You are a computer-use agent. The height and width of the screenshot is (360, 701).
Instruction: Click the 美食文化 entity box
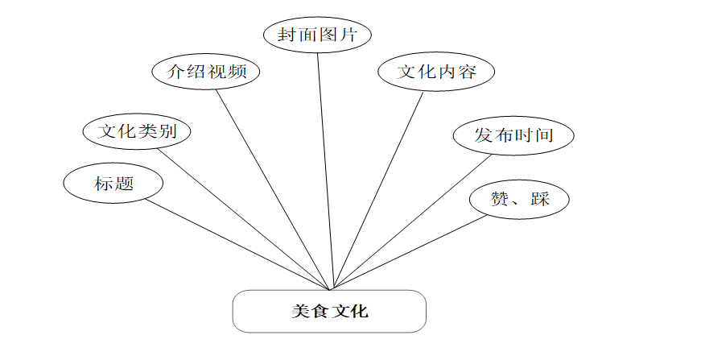pos(329,311)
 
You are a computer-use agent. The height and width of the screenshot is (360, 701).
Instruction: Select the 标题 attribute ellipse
pos(113,184)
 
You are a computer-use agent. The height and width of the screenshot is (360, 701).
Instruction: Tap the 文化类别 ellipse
pos(137,131)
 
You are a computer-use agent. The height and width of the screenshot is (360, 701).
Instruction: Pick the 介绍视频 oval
pos(207,72)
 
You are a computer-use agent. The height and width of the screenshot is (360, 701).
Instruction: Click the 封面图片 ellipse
pos(318,35)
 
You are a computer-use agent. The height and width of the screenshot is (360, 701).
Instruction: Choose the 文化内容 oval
pos(436,72)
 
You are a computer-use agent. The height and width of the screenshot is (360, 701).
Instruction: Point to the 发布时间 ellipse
pos(513,134)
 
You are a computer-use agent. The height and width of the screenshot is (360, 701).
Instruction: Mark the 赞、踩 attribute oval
pos(519,198)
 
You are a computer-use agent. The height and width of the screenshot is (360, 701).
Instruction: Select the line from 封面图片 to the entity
pos(324,169)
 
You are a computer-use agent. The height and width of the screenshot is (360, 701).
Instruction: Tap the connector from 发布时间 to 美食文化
pos(410,221)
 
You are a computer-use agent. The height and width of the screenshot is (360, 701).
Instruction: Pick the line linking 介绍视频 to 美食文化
pos(274,188)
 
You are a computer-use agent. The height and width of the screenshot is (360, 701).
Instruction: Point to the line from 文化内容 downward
pos(377,189)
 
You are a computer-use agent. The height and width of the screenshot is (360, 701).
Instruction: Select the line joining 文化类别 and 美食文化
pos(245,217)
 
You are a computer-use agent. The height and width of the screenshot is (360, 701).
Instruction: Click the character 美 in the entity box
pos(300,311)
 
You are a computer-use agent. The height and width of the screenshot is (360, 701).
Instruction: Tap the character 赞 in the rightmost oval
pos(500,198)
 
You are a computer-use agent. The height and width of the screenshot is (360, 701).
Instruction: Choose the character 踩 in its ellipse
pos(540,198)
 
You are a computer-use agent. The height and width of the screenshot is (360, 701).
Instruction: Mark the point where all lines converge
pos(331,289)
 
